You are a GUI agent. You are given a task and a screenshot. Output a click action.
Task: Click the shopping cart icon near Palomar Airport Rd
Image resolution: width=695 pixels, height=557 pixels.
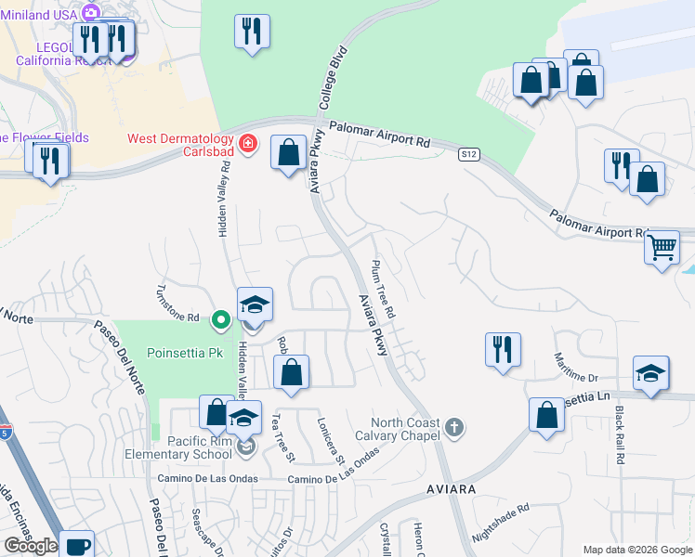pos(662,247)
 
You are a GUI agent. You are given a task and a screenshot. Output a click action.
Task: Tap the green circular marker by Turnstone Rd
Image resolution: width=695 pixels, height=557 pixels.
pos(221,320)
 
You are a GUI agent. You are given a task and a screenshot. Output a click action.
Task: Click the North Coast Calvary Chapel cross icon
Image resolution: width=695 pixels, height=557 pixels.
pos(453,427)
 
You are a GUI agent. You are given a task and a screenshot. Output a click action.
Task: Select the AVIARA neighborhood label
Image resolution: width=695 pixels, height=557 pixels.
pos(452,488)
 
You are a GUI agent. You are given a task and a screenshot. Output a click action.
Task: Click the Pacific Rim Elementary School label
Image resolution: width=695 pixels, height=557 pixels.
pos(179,447)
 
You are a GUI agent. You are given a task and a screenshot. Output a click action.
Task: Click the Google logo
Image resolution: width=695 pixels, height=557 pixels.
pos(30,546)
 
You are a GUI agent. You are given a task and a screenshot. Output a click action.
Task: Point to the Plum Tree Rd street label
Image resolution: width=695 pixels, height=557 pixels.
pos(384,290)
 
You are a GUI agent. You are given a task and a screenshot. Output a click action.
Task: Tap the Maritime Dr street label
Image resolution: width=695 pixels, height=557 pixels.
pos(577,369)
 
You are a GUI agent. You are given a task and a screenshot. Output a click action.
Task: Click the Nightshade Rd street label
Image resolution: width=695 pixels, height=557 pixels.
pos(500,523)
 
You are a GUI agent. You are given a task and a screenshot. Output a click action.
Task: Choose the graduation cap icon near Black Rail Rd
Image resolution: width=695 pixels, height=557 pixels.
pos(650,373)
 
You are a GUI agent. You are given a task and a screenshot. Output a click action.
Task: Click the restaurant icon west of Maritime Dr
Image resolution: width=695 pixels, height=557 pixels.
pos(503,349)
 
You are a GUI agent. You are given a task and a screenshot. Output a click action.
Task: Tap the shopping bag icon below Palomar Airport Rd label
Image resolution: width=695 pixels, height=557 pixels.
pos(289,152)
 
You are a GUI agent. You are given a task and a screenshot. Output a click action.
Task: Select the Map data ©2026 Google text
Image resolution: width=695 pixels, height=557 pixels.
pos(636,549)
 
